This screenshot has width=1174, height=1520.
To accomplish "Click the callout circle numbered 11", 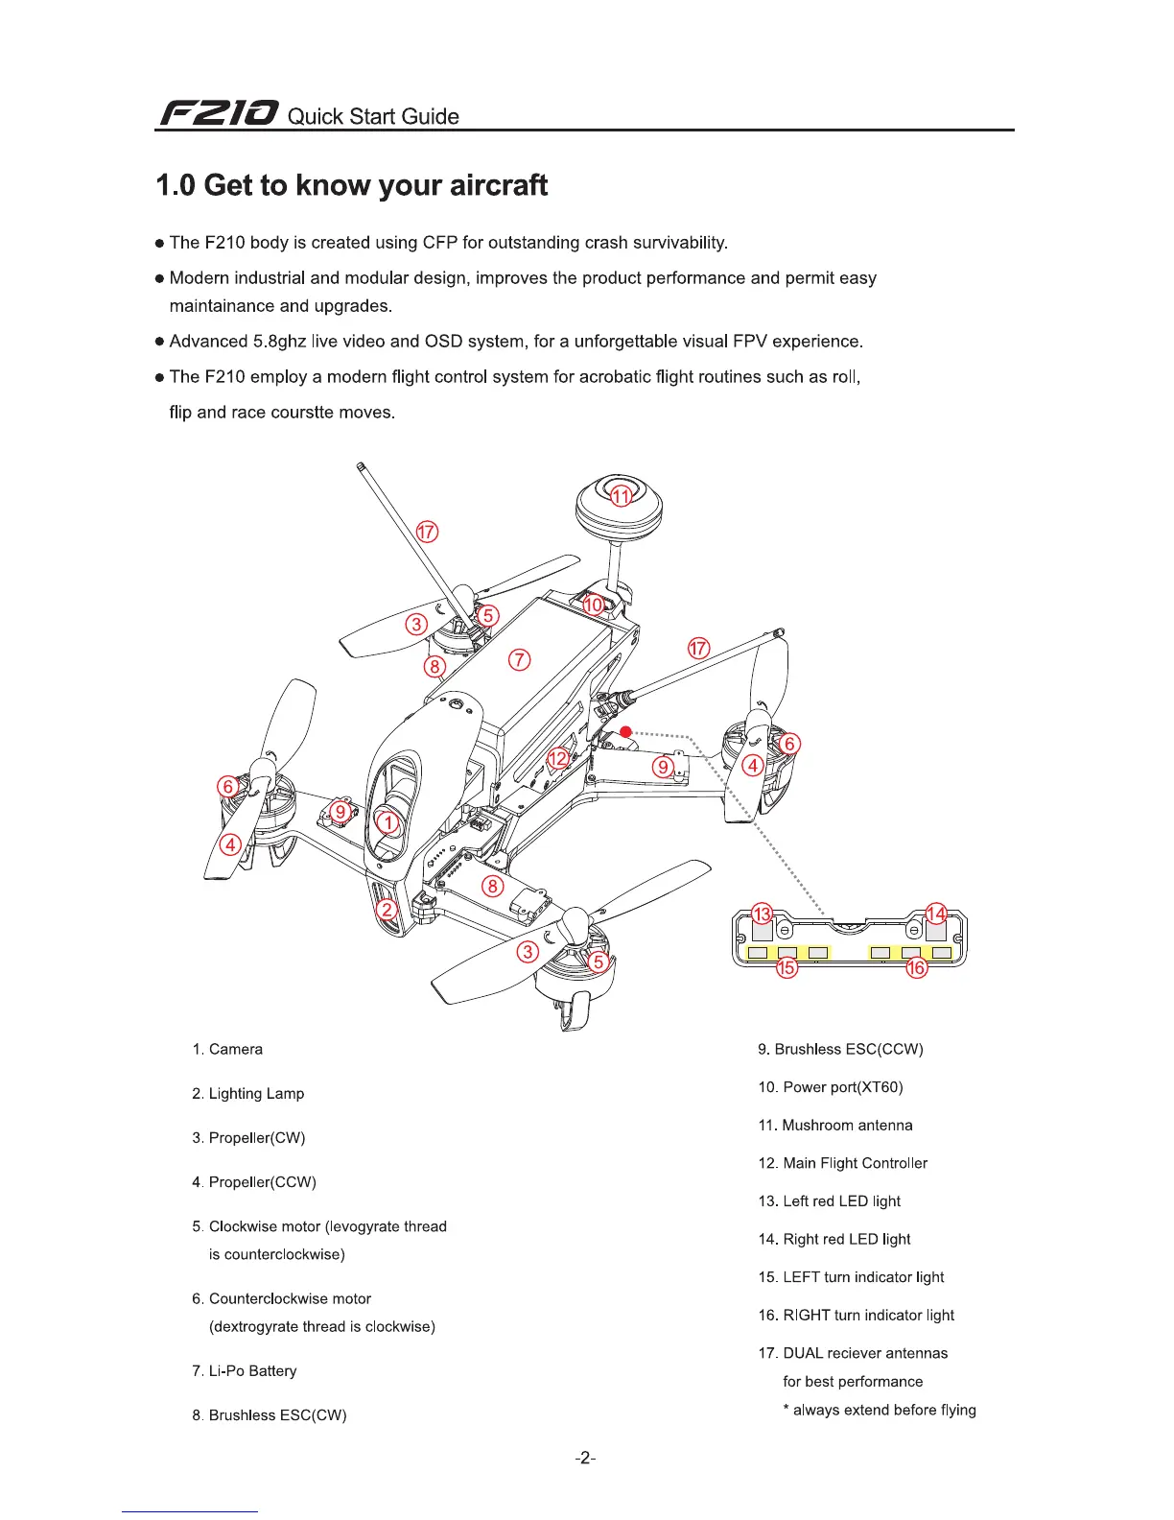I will click(622, 496).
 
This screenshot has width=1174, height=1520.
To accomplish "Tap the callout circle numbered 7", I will click(519, 659).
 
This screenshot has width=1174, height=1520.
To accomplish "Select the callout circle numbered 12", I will click(558, 759).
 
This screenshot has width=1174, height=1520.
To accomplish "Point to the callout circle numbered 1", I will click(387, 822).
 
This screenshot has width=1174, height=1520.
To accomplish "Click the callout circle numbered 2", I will click(387, 910).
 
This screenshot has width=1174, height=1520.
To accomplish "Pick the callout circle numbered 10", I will click(594, 605).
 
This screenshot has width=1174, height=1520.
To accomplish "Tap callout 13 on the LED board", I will click(762, 913).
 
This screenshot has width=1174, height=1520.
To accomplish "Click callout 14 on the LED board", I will click(936, 913).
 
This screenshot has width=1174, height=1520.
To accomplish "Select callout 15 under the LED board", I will click(787, 967).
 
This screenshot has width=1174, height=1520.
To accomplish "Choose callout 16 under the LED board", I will click(917, 967).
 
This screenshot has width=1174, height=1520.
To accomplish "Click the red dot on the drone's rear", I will click(625, 732).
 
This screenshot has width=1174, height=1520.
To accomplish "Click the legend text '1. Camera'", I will click(227, 1049).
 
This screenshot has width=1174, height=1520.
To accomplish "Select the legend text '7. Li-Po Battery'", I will click(245, 1370).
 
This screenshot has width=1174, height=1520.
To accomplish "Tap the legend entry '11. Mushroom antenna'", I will click(835, 1125).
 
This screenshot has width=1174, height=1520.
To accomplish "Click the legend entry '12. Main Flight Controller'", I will click(843, 1163).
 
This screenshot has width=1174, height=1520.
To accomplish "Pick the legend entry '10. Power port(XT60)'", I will click(831, 1087).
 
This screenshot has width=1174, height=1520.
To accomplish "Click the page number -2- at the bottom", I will click(585, 1459).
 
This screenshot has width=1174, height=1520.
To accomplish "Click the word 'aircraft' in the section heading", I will click(488, 185).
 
